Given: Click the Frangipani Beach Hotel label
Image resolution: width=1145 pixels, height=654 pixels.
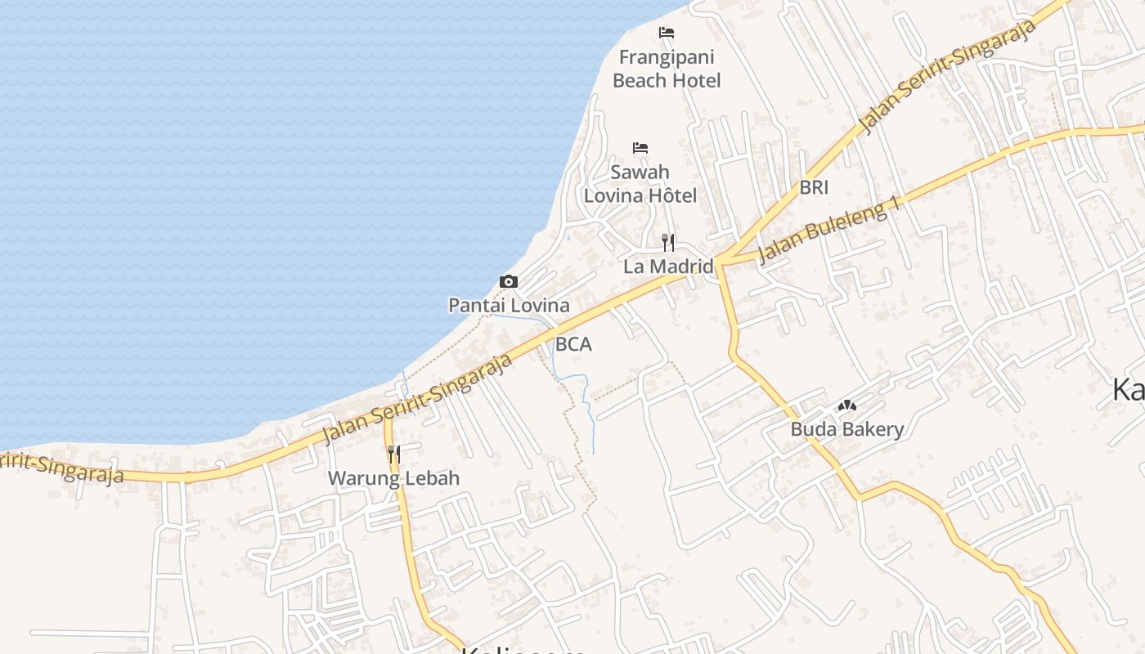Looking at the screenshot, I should pyautogui.click(x=667, y=69).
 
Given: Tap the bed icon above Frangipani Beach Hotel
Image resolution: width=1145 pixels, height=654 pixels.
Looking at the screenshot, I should pyautogui.click(x=667, y=33).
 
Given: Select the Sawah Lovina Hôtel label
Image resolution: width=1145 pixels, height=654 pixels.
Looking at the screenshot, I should pyautogui.click(x=640, y=184).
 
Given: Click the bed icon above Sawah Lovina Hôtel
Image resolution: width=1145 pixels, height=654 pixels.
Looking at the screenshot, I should pyautogui.click(x=640, y=148).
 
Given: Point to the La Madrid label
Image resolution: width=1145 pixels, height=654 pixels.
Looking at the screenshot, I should pyautogui.click(x=668, y=267).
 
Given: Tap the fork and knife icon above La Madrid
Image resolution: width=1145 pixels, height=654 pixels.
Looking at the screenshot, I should pyautogui.click(x=668, y=242).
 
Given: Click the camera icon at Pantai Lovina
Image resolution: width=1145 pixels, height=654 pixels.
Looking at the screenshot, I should pyautogui.click(x=509, y=282).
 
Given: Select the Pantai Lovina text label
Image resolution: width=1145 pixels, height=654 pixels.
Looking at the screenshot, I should pyautogui.click(x=509, y=306).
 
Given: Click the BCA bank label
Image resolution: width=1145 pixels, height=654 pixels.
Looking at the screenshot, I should pyautogui.click(x=573, y=345).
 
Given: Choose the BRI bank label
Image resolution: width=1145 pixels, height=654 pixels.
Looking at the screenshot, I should pyautogui.click(x=814, y=187).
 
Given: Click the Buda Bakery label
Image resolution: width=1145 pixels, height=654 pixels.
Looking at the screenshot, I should pyautogui.click(x=846, y=429).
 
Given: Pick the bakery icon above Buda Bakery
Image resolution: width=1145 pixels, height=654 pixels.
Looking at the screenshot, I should pyautogui.click(x=846, y=405).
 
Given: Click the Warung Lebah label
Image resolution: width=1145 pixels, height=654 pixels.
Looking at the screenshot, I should pyautogui.click(x=393, y=478).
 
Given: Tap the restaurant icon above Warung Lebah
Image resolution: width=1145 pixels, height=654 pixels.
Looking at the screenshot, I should pyautogui.click(x=393, y=454).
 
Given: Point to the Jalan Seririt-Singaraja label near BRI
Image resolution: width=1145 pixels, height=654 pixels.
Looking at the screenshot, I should pyautogui.click(x=949, y=75).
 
